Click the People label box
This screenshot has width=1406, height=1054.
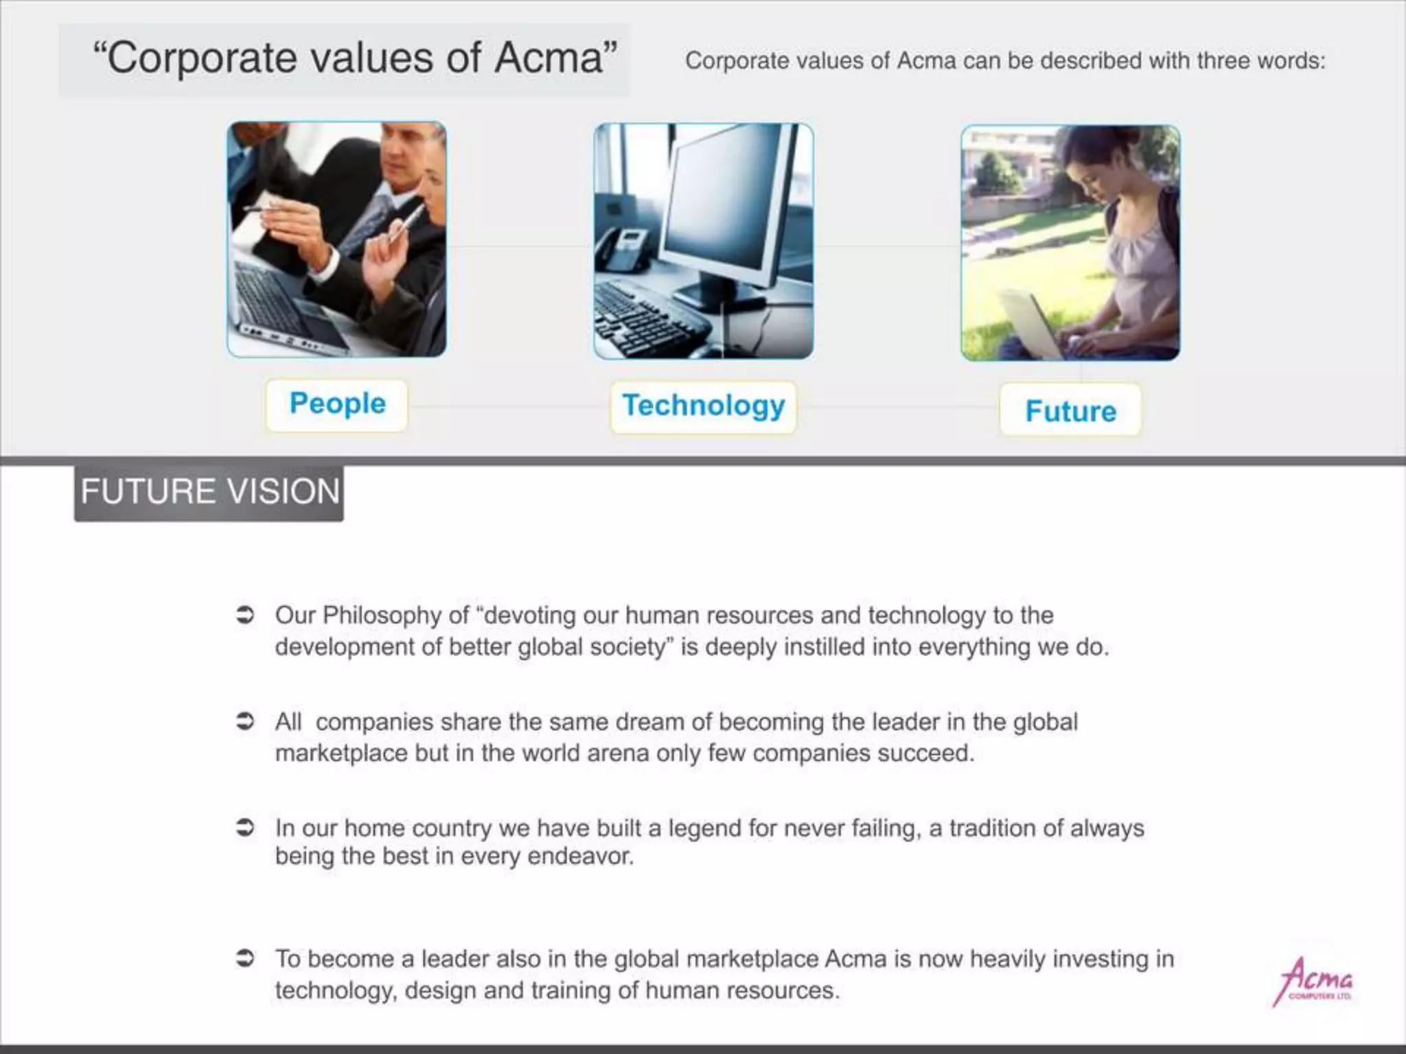point(336,405)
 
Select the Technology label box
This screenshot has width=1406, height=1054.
point(703,407)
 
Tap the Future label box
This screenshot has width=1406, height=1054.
point(1070,411)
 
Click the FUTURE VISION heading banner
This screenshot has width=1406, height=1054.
point(209,493)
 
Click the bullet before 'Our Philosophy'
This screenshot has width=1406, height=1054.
point(245,616)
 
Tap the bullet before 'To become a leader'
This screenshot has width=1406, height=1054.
point(245,959)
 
